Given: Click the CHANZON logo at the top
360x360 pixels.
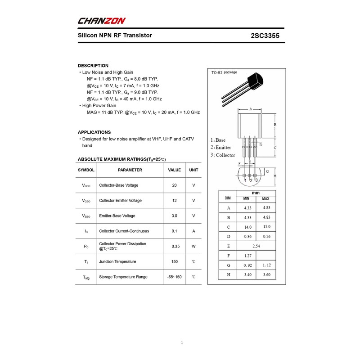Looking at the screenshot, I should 102,21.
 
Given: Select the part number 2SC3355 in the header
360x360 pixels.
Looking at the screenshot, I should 267,36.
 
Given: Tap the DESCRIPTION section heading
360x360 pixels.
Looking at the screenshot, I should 93,66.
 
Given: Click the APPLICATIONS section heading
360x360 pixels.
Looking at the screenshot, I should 94,132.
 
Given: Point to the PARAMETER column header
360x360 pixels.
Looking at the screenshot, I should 130,170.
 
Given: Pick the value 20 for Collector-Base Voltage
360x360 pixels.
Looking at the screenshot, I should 175,185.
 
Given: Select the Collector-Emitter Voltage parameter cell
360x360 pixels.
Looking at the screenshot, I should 120,201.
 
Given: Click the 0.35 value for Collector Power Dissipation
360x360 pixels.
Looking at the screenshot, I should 175,247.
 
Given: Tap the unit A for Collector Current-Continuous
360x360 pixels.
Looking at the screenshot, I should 193,231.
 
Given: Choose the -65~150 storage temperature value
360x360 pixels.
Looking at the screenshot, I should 175,277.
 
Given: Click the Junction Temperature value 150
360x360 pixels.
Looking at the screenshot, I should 175,262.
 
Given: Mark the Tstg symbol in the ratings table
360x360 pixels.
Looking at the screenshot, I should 86,278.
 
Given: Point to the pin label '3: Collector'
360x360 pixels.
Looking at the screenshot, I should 223,155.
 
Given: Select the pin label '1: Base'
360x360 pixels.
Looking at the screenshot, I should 218,140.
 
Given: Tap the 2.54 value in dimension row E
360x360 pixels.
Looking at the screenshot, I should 256,246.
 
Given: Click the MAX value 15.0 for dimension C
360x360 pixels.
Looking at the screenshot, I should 266,227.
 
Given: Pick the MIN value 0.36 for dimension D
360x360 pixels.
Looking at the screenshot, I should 247,237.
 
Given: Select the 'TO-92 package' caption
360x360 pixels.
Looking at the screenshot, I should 224,73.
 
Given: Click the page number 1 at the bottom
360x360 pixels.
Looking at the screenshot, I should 182,342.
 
